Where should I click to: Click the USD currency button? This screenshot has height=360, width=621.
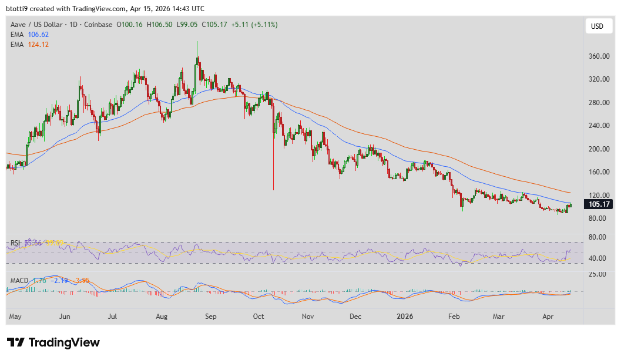597,26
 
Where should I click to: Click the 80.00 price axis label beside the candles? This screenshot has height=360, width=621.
597,218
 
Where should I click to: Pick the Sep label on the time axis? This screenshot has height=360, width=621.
210,317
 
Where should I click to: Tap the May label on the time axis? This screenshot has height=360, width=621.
15,317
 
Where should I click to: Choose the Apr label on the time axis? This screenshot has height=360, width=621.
548,317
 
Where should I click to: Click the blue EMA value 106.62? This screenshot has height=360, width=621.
38,35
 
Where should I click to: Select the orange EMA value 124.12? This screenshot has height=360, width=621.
38,45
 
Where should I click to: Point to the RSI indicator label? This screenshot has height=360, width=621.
16,243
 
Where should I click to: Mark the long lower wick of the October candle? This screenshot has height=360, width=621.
273,170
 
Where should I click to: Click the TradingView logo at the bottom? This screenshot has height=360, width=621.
53,342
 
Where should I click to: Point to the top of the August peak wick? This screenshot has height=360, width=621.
197,43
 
